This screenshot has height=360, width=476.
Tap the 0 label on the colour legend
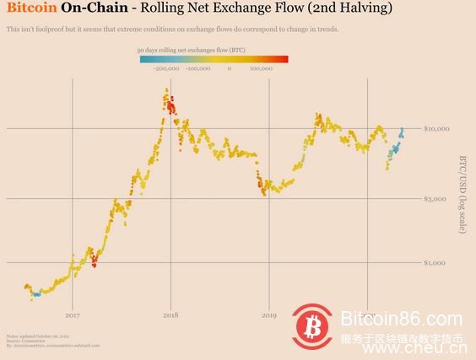coord(229,69)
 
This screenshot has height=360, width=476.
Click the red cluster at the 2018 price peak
coord(170,106)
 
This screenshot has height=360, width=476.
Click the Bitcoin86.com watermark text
coord(401,320)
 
